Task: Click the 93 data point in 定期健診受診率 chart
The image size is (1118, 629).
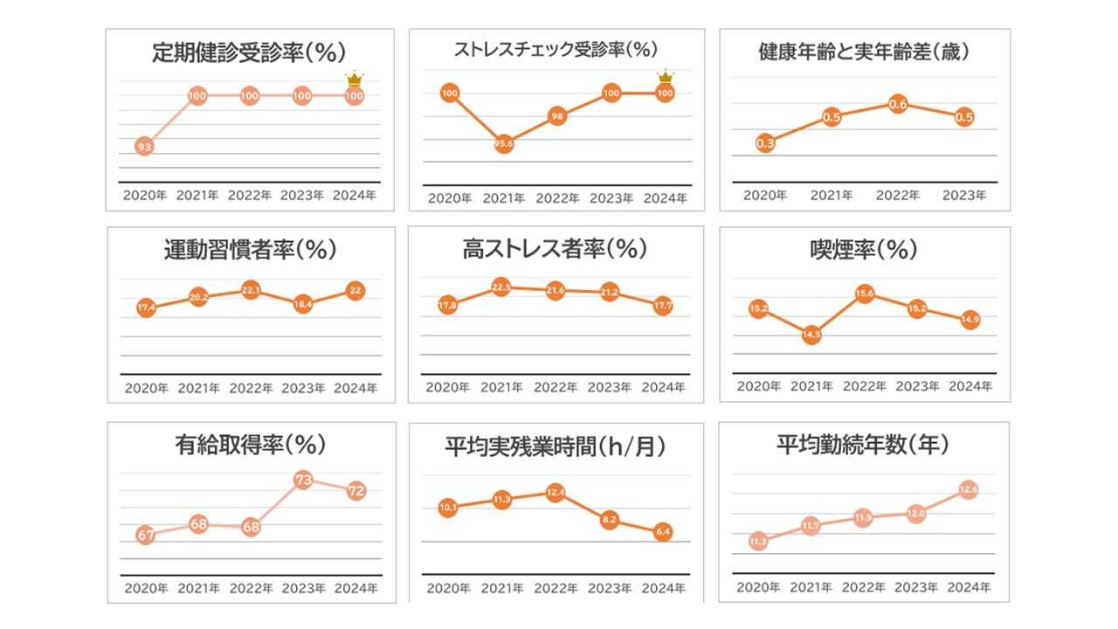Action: tap(145, 147)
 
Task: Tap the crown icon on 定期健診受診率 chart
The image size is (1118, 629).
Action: tap(355, 79)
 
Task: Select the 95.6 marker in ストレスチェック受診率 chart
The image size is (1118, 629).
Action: tap(503, 144)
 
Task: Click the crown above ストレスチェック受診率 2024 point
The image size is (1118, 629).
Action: tap(665, 76)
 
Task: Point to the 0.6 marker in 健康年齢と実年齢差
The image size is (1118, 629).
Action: tap(898, 105)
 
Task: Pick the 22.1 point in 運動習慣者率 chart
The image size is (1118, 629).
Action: tap(251, 290)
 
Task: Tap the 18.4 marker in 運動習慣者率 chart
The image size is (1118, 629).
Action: tap(303, 304)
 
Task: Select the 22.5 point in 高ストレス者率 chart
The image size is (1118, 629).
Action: tap(501, 287)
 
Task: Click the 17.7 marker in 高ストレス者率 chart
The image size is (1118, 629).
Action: tap(663, 306)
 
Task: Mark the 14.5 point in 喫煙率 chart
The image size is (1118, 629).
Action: tap(811, 334)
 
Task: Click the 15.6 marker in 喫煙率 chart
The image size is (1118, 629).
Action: tap(865, 294)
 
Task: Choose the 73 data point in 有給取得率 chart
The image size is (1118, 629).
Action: tap(303, 480)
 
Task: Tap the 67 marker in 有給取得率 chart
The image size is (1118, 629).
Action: tap(145, 535)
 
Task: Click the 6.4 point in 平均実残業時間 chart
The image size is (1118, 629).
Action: tap(663, 531)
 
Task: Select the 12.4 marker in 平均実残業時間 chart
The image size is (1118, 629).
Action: tap(556, 494)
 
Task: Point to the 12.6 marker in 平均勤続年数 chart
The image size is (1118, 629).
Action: tap(968, 490)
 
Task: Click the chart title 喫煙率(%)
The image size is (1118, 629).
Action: tap(864, 250)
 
